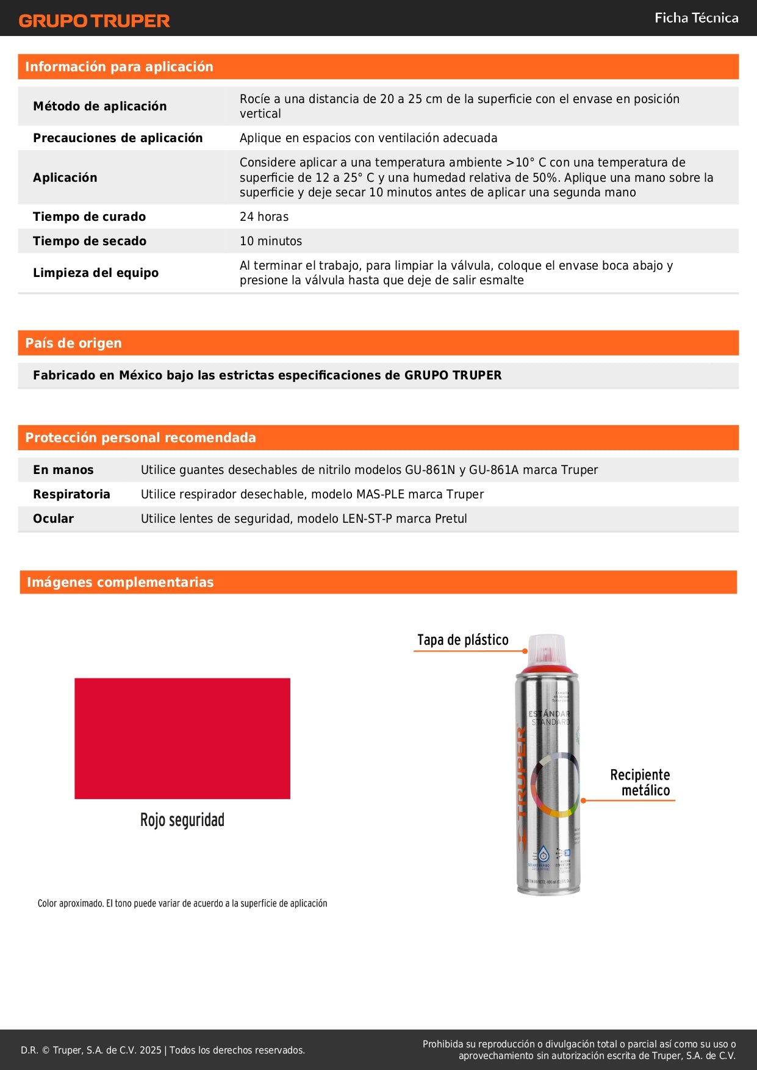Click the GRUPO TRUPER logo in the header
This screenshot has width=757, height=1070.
point(94,21)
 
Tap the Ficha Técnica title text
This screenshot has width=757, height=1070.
point(696,18)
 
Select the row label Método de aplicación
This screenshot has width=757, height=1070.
point(99,106)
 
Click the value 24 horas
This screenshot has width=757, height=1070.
point(264,217)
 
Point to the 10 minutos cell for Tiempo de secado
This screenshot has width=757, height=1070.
point(271,241)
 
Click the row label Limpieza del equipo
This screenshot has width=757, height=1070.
point(96,273)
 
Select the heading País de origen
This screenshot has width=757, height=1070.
point(73,343)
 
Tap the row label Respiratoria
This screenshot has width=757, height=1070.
point(71,494)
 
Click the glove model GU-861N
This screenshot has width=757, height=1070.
point(430,470)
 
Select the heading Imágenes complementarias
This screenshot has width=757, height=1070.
point(120,582)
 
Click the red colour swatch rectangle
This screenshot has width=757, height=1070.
point(182,738)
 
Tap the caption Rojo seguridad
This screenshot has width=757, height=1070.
point(182,820)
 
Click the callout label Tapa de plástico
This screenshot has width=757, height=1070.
point(462,640)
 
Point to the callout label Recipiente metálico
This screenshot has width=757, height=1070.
point(640,783)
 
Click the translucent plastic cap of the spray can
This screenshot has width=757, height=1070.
point(547,650)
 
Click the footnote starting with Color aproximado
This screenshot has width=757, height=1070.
point(182,903)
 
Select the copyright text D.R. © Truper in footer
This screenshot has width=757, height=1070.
point(162,1050)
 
